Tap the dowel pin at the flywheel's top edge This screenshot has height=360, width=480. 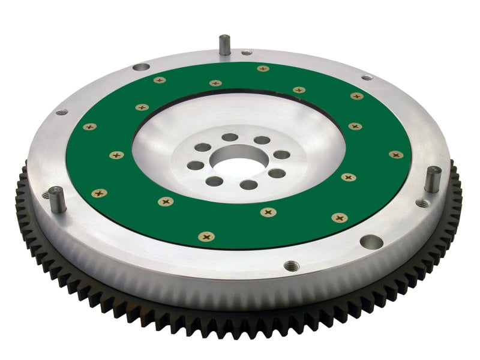pyautogui.click(x=224, y=45)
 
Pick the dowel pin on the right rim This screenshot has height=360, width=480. pyautogui.click(x=432, y=179)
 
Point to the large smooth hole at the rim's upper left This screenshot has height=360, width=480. pyautogui.click(x=141, y=67)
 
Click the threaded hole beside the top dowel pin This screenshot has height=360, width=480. pyautogui.click(x=247, y=53)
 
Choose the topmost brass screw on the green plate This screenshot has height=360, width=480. pyautogui.click(x=263, y=68)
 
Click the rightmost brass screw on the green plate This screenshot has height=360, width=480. pyautogui.click(x=395, y=155)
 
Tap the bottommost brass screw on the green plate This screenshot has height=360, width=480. pyautogui.click(x=206, y=237)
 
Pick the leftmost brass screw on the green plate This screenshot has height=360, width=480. pyautogui.click(x=89, y=127)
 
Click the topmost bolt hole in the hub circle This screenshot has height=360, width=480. pyautogui.click(x=230, y=137)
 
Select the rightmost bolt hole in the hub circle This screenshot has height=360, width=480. pyautogui.click(x=281, y=155)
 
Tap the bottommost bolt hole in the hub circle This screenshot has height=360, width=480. pyautogui.click(x=248, y=185)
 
